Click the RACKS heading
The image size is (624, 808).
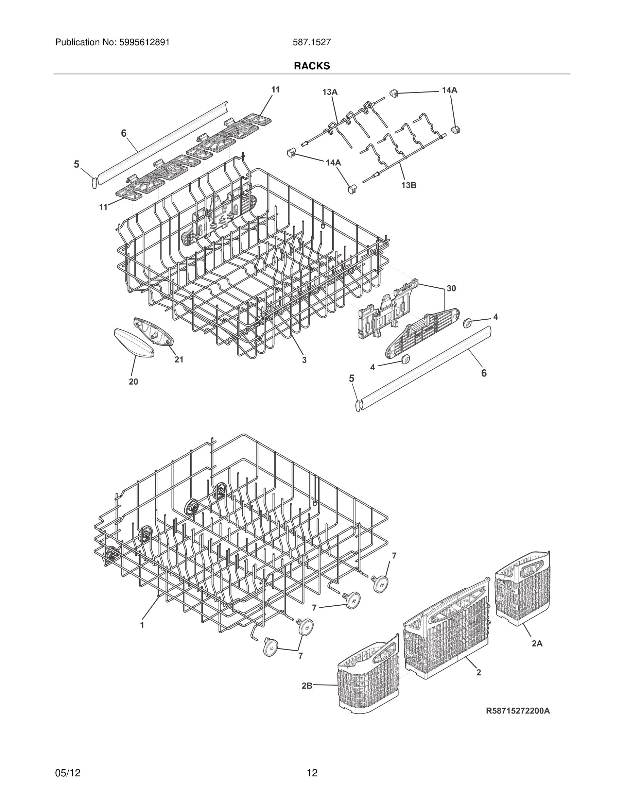[312, 66]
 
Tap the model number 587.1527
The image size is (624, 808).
[312, 43]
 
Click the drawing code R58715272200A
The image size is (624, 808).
[518, 711]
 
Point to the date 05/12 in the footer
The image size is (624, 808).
[68, 773]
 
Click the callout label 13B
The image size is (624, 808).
[409, 185]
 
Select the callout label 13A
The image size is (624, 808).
[330, 92]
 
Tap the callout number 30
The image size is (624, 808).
[451, 288]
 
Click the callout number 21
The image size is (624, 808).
[179, 359]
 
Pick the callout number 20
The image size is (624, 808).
[134, 382]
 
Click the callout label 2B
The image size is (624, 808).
[307, 686]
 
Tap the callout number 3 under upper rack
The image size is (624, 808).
[304, 359]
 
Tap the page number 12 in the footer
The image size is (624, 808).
[312, 773]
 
